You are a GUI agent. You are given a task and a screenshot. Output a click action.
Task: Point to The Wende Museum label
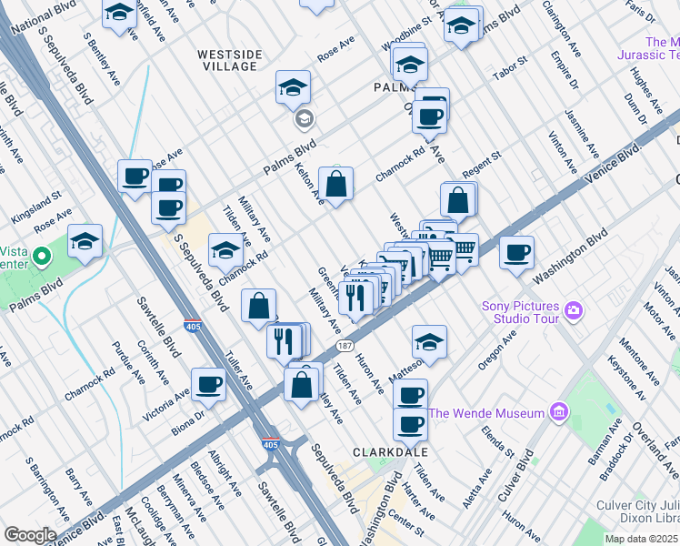click(x=485, y=413)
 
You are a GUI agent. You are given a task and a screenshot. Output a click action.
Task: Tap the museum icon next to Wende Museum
click(x=557, y=413)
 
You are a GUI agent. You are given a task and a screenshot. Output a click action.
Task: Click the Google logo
click(x=30, y=535)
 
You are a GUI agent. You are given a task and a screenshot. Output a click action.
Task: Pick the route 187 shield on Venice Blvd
click(x=345, y=346)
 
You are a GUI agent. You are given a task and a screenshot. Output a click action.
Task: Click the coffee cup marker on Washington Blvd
click(x=516, y=252)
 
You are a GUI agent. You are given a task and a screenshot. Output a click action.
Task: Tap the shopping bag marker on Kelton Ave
click(x=336, y=184)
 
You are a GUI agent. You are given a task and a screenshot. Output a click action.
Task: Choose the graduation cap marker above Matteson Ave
click(x=429, y=341)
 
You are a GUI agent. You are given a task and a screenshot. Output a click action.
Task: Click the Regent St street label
click(x=482, y=166)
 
